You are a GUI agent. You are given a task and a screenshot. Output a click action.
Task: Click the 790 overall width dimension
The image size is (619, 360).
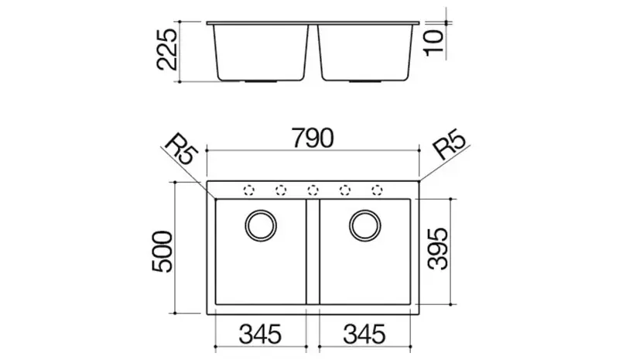point(313,138)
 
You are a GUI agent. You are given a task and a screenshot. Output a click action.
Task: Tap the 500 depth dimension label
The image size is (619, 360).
point(162,252)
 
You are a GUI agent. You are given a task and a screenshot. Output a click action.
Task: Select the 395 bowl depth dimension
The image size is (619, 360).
point(438,249)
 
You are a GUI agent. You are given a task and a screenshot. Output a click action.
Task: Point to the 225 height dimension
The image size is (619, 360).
point(167,50)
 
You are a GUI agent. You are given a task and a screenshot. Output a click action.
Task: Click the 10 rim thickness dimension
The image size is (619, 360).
point(434,43)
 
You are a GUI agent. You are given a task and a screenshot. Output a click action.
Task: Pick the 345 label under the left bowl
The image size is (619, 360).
point(260,334)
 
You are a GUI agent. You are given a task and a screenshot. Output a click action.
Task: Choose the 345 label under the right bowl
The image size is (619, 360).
point(364,334)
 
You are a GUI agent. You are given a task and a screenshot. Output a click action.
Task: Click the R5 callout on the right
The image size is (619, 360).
point(450,144)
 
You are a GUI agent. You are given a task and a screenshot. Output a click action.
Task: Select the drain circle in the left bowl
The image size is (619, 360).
point(261,225)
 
